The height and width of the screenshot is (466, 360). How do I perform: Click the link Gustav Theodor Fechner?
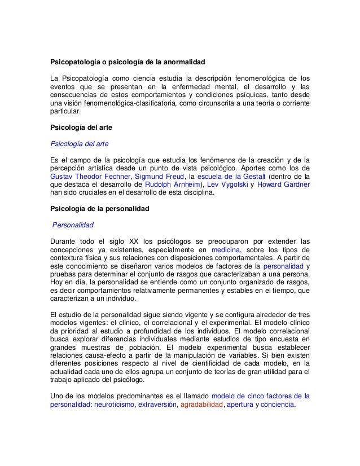[89, 175]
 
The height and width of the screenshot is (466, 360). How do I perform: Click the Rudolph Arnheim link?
[172, 183]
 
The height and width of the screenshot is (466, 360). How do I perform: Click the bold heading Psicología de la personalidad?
[99, 208]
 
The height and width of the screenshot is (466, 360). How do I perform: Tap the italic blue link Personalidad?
[73, 225]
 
